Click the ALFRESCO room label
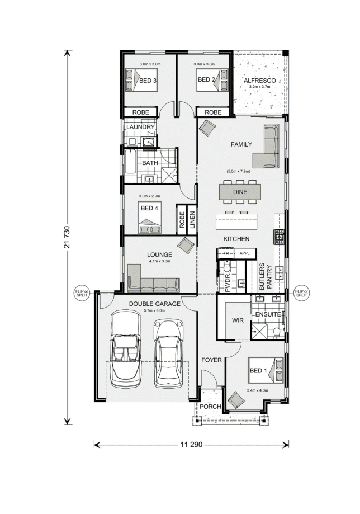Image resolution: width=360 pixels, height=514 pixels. coord(259,81)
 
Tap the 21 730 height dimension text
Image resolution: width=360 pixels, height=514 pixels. coord(67,237)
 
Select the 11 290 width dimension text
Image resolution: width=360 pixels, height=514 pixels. coord(191,445)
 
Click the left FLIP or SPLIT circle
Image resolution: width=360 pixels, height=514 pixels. coord(82,293)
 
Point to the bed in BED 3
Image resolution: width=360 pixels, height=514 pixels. coord(141,80)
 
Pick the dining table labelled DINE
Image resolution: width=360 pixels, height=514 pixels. coord(240,192)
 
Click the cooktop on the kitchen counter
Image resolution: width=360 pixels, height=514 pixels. coord(279,237)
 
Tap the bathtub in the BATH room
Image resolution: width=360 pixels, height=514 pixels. coord(130,162)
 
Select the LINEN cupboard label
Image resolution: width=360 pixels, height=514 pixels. coord(192,220)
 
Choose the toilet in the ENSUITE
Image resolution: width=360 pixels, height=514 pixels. coord(277,332)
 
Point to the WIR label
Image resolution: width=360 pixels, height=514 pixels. coord(238,320)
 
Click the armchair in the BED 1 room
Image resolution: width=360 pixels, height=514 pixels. coord(236,400)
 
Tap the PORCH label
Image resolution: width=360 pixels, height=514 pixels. coord(210,407)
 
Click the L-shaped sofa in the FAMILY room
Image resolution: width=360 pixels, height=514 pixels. coord(266,146)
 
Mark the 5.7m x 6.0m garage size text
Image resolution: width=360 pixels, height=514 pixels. coord(154,310)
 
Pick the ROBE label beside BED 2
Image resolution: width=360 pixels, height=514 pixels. coord(213,112)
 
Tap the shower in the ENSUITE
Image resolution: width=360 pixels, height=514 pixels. coord(259,332)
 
